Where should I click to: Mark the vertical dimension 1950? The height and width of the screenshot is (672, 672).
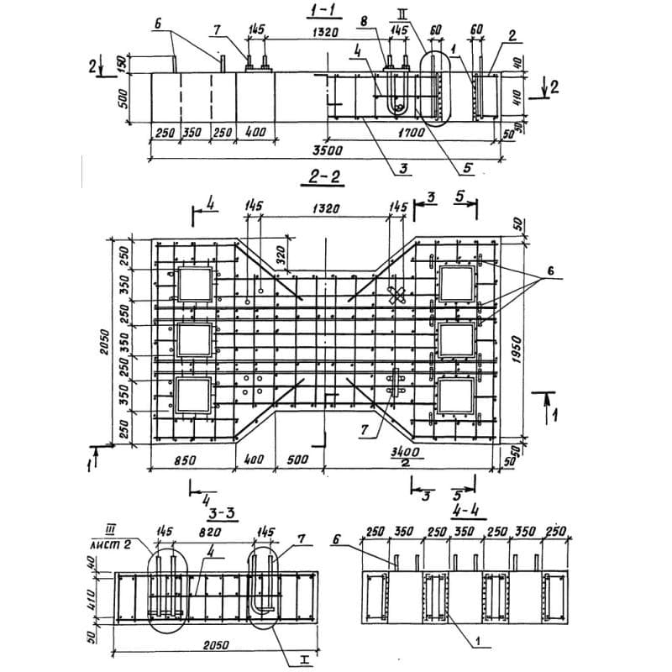(516, 344)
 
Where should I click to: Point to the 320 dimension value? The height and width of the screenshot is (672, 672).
(281, 251)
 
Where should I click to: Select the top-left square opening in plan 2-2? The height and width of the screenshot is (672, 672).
(192, 286)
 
